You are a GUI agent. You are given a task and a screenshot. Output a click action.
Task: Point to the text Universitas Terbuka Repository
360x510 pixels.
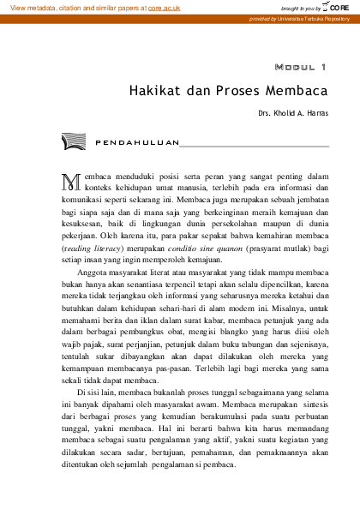pos(310,17)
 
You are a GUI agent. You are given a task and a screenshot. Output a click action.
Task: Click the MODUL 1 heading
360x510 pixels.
pos(300,66)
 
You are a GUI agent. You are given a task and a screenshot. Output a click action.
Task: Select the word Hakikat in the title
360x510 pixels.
pos(153,90)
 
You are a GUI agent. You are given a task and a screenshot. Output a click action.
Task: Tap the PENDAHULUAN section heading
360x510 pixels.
pos(137,141)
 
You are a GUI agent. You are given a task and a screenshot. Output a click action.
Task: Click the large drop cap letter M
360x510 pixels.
pos(71,181)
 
